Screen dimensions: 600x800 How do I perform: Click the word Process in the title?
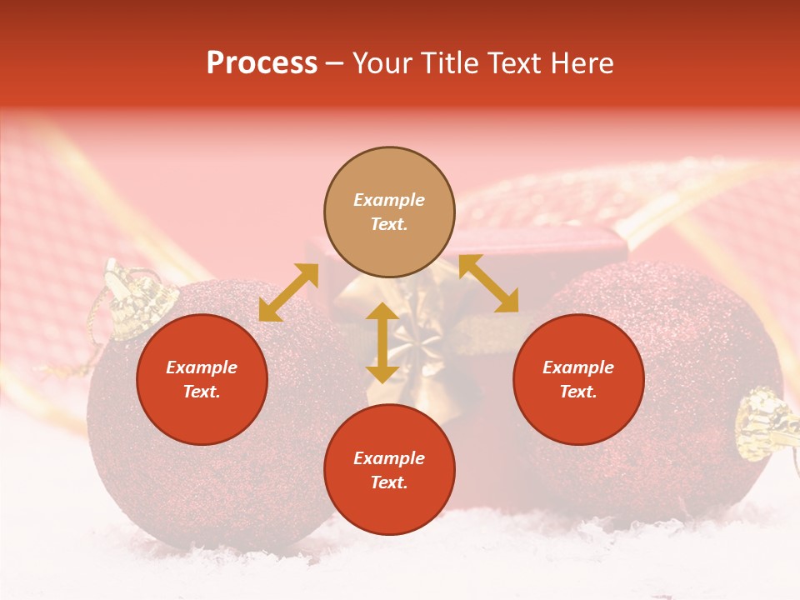click(x=262, y=63)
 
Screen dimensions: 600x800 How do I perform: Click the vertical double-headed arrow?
click(x=382, y=342)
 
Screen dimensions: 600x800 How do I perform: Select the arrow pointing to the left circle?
click(x=288, y=292)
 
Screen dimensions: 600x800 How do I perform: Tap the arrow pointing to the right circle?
click(x=488, y=283)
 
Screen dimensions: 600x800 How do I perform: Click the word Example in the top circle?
click(x=389, y=200)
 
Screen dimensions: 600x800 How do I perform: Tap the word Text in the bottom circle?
click(x=387, y=482)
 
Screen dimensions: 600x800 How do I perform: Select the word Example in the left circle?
click(x=202, y=367)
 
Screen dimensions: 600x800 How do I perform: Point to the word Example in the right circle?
click(x=578, y=367)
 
